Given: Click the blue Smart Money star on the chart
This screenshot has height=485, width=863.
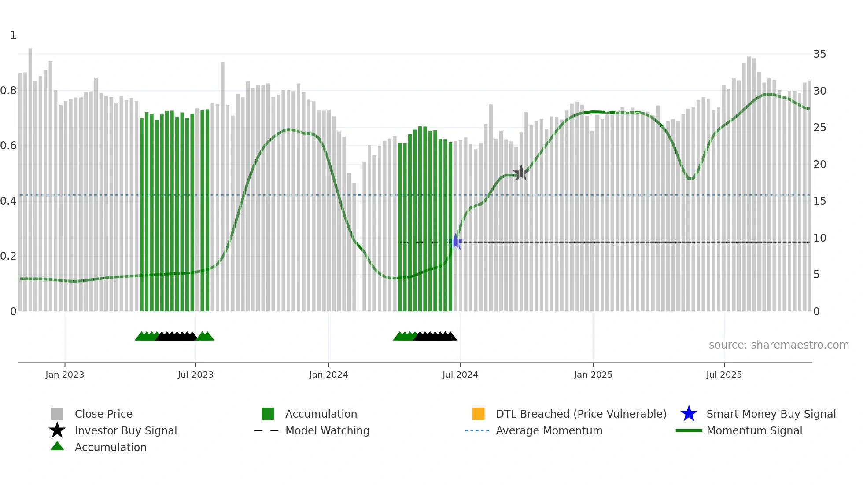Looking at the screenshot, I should (456, 242).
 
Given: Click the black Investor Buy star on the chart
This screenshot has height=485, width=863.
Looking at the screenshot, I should (521, 173).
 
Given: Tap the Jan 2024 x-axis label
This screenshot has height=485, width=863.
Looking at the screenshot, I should (328, 375).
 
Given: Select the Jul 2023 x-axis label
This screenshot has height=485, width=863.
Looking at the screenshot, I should (195, 375).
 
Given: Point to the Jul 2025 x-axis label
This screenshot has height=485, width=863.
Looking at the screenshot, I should (724, 375).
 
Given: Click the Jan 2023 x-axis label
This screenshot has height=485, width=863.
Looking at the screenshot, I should (65, 375).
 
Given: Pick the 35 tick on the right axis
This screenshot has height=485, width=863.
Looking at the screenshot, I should (819, 54).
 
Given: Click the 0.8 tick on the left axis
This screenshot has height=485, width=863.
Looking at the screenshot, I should (8, 91).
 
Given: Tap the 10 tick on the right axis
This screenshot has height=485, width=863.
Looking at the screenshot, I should (819, 238).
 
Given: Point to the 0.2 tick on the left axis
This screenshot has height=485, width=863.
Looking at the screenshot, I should (8, 256).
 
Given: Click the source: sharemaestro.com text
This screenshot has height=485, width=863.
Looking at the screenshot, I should (778, 345).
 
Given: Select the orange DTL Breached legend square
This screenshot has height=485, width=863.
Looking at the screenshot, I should (478, 414).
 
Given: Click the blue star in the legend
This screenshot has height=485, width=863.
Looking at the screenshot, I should (689, 414).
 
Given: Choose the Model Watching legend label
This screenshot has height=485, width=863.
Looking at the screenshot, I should (327, 430).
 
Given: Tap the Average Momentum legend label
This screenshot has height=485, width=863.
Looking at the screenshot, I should (549, 430).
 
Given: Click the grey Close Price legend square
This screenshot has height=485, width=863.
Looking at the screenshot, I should (57, 414).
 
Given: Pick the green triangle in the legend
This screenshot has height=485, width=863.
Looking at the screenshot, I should (57, 446).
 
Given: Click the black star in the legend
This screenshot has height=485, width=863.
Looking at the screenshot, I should (57, 430).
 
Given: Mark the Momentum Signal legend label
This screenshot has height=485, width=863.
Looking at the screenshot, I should (754, 430).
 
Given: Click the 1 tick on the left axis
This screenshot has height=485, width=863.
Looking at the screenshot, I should (13, 35).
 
